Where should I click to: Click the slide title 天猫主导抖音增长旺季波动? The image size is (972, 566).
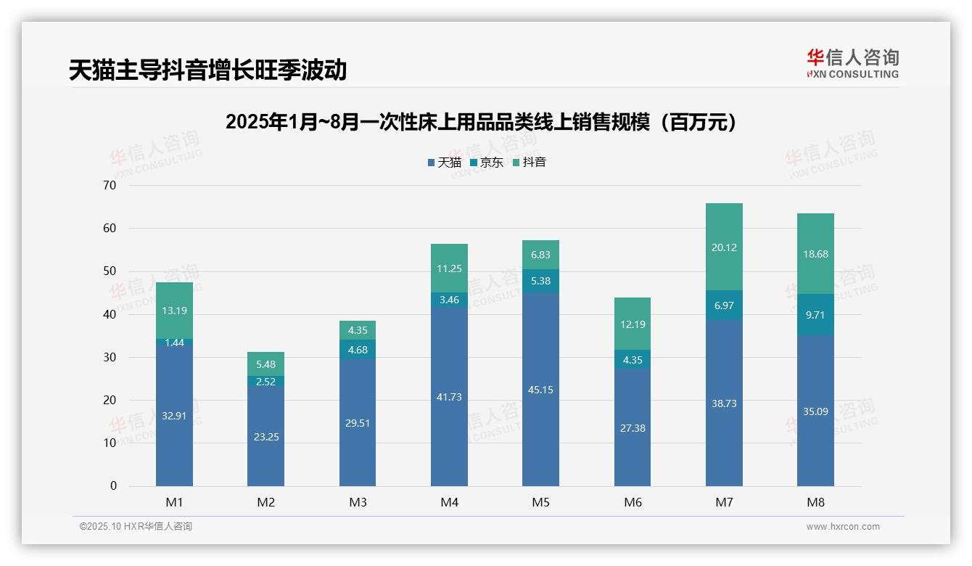(x=207, y=70)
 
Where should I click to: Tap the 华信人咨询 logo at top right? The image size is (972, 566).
(x=852, y=63)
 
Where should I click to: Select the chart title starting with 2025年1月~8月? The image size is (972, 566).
(x=481, y=122)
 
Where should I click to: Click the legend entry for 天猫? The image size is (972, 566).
(x=444, y=163)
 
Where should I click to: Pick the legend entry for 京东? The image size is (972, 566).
(x=487, y=163)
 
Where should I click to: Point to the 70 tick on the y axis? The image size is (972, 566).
(x=110, y=185)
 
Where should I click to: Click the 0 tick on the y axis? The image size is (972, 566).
(x=113, y=486)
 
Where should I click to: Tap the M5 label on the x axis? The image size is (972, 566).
(x=540, y=502)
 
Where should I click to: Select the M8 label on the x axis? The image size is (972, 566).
(x=815, y=502)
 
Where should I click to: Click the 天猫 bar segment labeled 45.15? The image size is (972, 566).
(x=540, y=390)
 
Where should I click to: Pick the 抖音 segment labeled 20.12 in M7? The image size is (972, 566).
(x=724, y=247)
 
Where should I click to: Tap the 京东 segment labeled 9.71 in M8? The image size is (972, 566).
(x=815, y=314)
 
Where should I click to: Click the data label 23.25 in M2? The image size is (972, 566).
(x=265, y=437)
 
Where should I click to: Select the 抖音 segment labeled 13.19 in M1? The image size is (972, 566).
(x=174, y=311)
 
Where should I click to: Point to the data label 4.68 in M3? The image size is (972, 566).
(x=358, y=350)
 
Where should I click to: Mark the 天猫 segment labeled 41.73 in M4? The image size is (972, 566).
(x=449, y=397)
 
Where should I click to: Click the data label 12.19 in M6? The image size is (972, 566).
(x=633, y=324)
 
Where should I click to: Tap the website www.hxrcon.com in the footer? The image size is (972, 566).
(x=843, y=527)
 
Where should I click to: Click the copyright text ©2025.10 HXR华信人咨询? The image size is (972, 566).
(x=136, y=527)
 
